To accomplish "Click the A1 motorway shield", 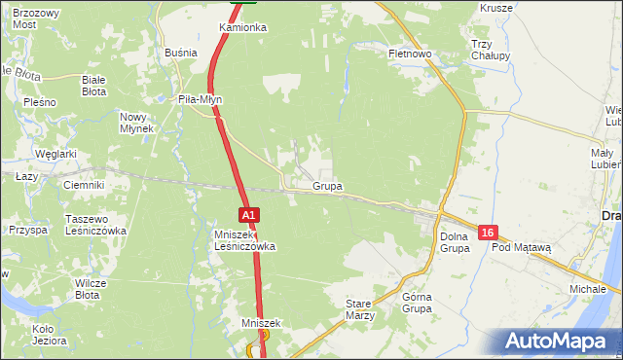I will point(249,215).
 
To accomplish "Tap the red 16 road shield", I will point(489,233).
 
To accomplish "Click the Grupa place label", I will point(327,185).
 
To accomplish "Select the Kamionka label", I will point(242,27).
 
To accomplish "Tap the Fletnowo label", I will point(409,54).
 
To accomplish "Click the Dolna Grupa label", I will point(455,242).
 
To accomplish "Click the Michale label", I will point(587,290).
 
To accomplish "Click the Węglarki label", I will point(55,154).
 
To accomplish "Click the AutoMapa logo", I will point(557,342).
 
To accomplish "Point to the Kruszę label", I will point(496,8).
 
